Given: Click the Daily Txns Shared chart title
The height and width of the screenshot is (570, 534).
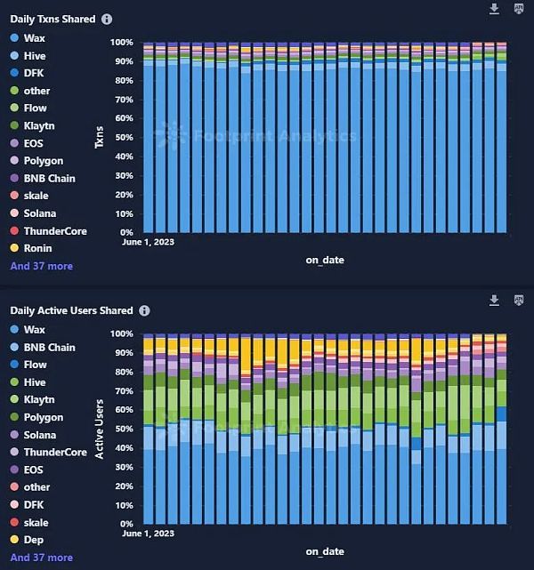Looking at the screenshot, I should tap(53, 19).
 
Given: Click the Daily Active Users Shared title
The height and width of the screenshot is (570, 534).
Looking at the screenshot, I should tap(71, 310).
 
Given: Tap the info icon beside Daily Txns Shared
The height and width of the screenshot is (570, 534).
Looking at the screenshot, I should tap(108, 19).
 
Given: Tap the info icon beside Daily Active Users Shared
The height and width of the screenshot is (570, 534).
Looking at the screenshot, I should tap(145, 310).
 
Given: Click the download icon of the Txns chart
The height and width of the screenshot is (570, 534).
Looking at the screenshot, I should tap(495, 9).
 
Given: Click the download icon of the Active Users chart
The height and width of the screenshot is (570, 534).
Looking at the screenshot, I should tap(495, 301).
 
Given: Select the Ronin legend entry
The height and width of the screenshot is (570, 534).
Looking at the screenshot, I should tap(38, 248).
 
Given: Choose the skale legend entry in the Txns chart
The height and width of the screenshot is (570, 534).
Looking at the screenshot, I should tap(36, 196).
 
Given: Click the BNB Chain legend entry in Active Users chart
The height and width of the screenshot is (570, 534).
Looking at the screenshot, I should tap(50, 348).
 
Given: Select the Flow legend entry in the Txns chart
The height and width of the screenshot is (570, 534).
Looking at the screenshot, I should tap(36, 108).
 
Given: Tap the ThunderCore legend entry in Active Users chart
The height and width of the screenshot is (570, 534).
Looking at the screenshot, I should tap(55, 453).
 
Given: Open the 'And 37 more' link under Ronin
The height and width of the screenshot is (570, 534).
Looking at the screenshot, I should tap(42, 266).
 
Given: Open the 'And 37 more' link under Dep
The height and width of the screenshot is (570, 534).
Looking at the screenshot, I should tap(42, 558).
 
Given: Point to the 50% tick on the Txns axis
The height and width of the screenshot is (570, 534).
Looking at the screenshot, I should tap(123, 138).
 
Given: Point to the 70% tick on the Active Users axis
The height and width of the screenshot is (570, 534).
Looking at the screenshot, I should tap(123, 390).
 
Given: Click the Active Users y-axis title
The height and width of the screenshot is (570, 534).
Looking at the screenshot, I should tap(99, 429).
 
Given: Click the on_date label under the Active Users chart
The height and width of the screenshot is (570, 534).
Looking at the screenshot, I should tap(325, 552).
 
